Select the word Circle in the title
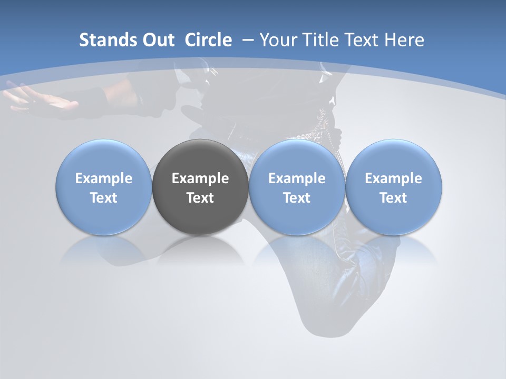coord(208,40)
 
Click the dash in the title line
coord(247,40)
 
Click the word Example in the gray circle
coord(200,178)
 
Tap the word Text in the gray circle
coord(200,198)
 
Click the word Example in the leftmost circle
coord(103,178)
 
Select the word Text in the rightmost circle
coord(393,198)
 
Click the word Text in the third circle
coord(297,198)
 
